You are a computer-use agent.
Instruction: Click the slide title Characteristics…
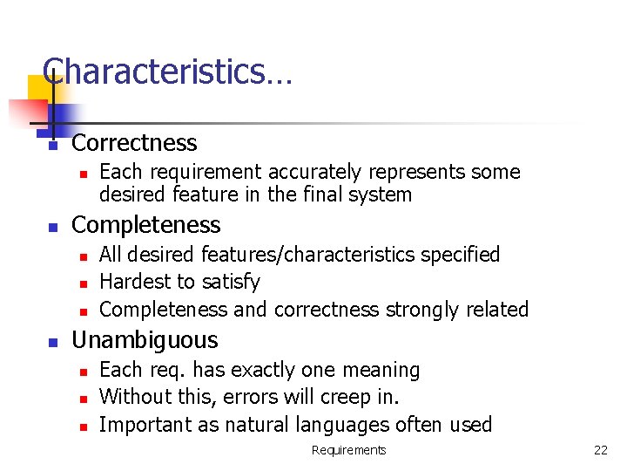pos(167,72)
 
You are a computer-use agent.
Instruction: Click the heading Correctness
pos(134,142)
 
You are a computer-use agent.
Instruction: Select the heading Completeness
pos(145,224)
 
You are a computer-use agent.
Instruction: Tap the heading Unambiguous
pos(145,339)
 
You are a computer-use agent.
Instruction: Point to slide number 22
pos(600,450)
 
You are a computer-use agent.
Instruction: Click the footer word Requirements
pos(348,450)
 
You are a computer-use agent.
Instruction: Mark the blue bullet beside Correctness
pos(52,146)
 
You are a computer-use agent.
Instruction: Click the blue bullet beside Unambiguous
pos(52,343)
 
